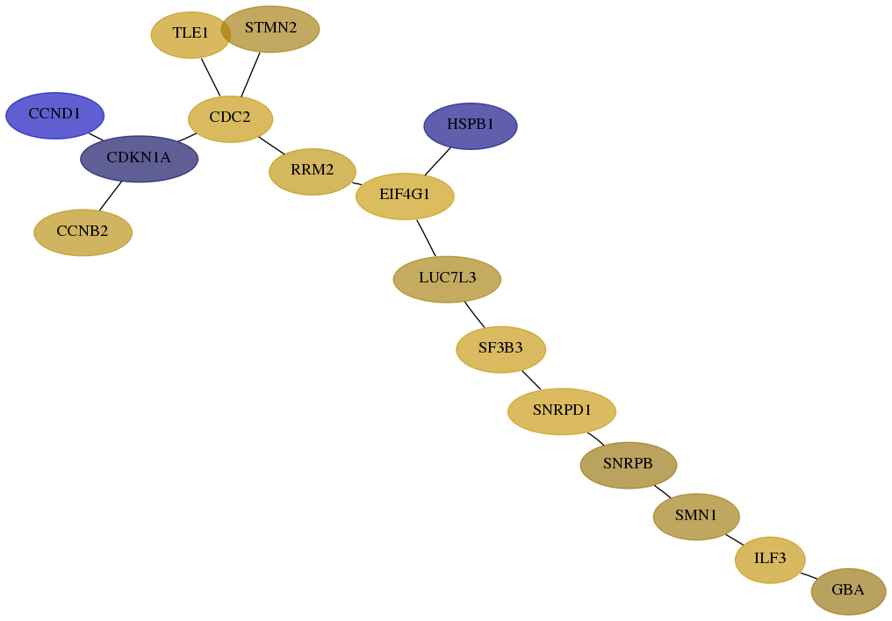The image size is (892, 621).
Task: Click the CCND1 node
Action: pos(54,115)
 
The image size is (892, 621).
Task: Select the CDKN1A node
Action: pos(140,159)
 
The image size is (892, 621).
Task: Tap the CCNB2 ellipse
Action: pos(83,232)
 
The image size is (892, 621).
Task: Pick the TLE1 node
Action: pos(191,35)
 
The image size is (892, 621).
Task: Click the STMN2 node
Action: pos(270,29)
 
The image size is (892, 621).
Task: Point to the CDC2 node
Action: pos(230,118)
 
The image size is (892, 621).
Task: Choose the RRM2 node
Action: pos(313,172)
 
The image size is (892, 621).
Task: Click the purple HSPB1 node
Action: pos(471,126)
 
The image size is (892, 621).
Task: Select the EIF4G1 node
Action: pos(405,196)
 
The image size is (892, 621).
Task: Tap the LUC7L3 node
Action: pos(447,279)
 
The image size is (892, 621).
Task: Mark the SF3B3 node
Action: pos(501,349)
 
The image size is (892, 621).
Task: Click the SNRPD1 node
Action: pos(562,411)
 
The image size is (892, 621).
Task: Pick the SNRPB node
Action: pos(629,465)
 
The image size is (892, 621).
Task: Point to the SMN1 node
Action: pos(696,517)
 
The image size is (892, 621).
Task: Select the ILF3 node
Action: pos(770,560)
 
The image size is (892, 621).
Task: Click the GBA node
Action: pos(848,591)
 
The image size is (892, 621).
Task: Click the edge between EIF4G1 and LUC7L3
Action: pos(426,238)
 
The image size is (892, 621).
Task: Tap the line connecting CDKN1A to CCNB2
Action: pos(111,196)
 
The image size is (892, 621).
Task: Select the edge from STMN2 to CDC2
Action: pos(250,75)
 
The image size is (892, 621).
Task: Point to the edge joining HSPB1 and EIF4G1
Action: pos(437,162)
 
